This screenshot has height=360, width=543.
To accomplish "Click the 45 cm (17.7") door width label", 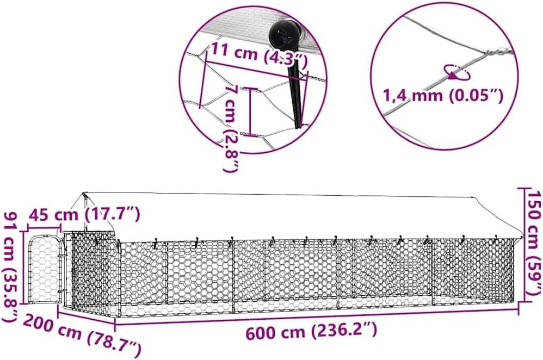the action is point(84,214).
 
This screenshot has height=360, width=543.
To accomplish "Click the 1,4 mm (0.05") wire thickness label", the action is point(442,95).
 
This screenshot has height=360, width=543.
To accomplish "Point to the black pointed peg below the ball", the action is point(297,94).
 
